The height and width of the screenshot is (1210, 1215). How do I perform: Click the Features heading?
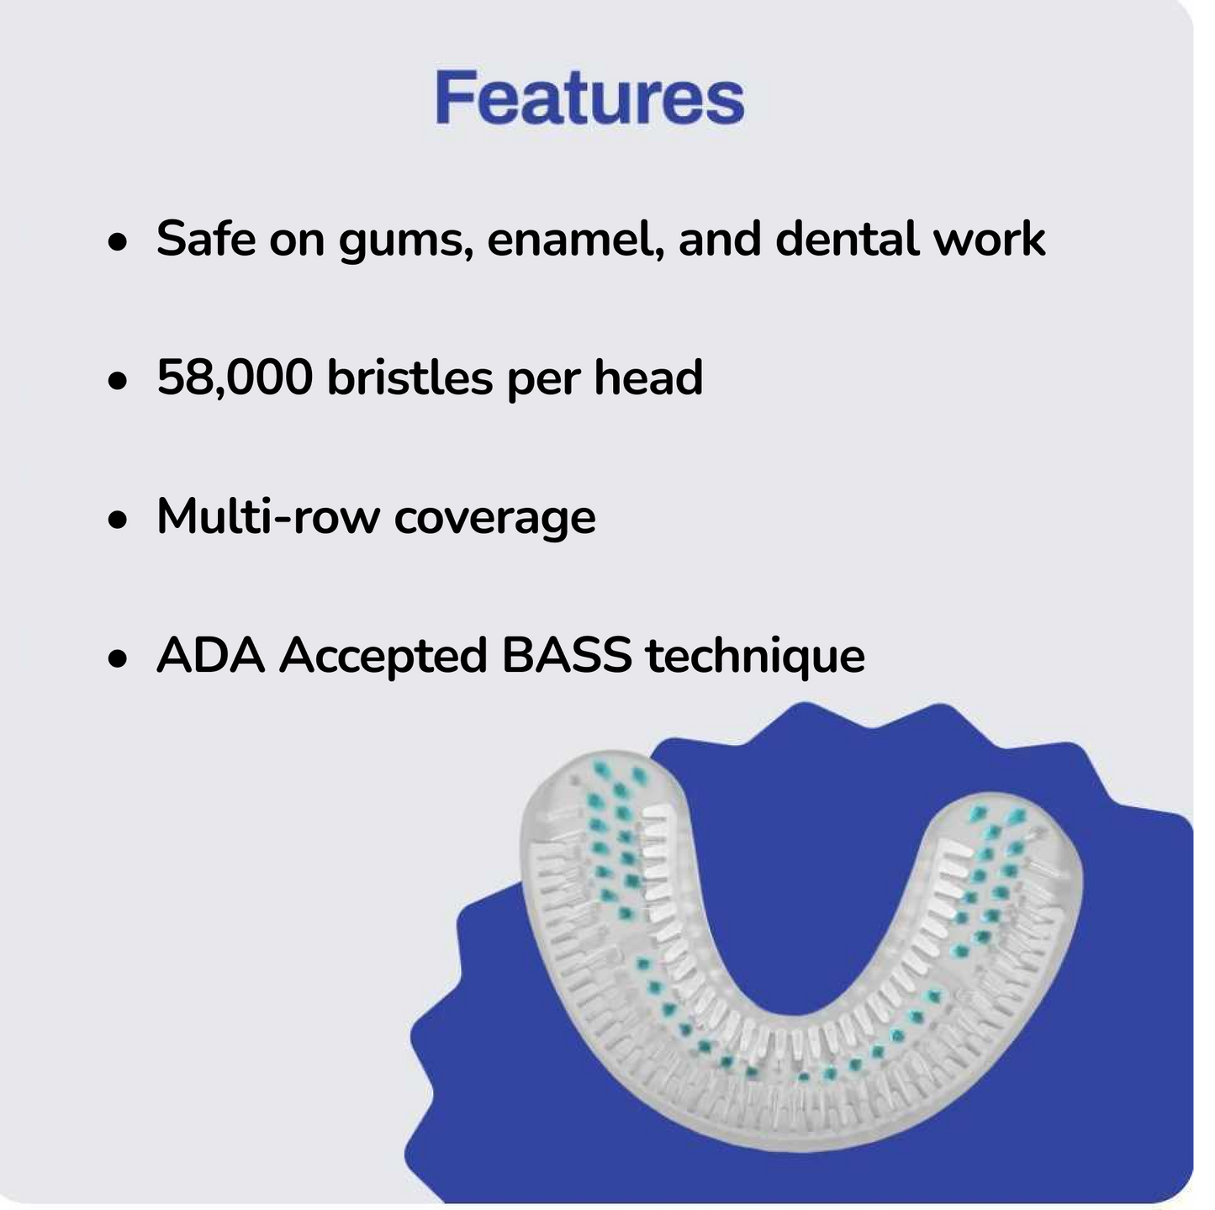pos(589,98)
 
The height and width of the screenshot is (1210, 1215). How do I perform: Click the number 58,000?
pos(235,378)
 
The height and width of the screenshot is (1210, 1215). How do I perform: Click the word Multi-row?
pos(268,516)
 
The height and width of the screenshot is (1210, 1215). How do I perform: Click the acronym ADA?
pos(210,655)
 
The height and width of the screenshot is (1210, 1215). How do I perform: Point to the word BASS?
pos(567,655)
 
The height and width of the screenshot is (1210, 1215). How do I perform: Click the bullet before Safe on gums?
pos(117,242)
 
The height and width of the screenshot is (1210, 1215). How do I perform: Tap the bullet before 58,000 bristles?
pos(117,381)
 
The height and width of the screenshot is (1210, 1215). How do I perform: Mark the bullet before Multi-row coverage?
pos(117,520)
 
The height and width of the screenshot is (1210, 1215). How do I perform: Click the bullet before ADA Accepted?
pos(117,659)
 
